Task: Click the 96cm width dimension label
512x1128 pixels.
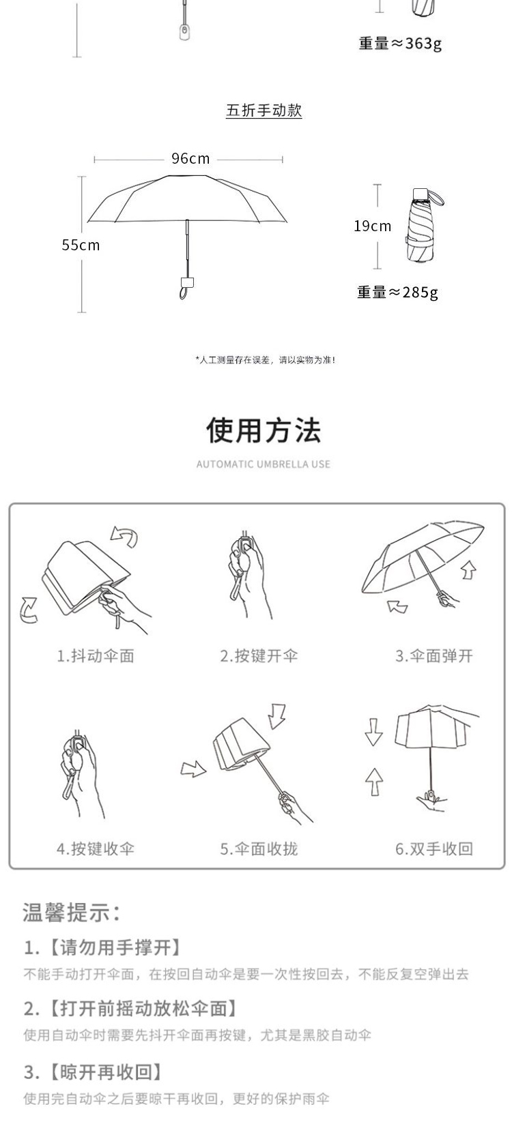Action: [190, 159]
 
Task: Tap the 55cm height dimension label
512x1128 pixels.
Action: [81, 246]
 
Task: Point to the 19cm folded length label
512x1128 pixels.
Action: [373, 226]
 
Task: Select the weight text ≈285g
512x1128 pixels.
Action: [397, 292]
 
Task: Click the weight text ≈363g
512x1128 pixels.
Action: [400, 44]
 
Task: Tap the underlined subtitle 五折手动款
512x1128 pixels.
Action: [264, 110]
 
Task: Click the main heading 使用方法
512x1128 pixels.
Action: [264, 430]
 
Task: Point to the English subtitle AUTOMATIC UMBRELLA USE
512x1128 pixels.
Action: [264, 464]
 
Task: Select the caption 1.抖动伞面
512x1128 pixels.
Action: [96, 655]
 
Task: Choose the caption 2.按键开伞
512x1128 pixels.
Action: [259, 655]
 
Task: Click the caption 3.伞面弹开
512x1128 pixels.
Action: [434, 655]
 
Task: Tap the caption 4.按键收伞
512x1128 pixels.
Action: [96, 848]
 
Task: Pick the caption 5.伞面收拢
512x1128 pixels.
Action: [259, 848]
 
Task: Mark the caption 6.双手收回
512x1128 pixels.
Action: [434, 848]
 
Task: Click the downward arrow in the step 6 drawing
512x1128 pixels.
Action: [373, 732]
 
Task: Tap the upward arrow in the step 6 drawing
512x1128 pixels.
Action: [374, 781]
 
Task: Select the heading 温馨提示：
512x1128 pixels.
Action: [72, 912]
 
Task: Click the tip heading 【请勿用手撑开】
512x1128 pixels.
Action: [115, 948]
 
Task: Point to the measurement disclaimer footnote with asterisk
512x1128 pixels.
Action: [266, 359]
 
